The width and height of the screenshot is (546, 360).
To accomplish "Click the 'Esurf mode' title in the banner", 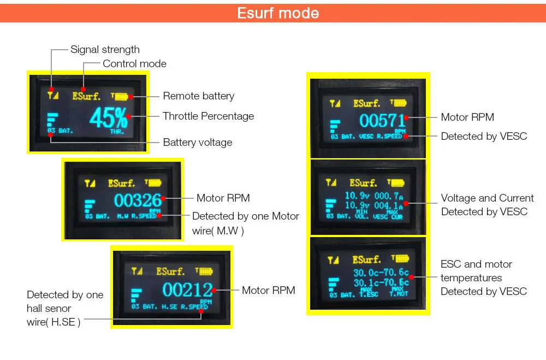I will pyautogui.click(x=278, y=13).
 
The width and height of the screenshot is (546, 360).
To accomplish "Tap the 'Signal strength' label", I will pyautogui.click(x=105, y=50).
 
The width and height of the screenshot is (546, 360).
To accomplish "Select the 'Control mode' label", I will pyautogui.click(x=134, y=64).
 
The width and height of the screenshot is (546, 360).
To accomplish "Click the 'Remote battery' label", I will pyautogui.click(x=198, y=96).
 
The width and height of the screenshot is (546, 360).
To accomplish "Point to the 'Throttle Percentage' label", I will pyautogui.click(x=208, y=116).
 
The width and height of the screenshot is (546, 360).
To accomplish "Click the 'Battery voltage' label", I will pyautogui.click(x=197, y=143).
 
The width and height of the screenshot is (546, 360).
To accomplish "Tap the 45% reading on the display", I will pyautogui.click(x=109, y=117).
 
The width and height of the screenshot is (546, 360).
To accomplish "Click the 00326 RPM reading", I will pyautogui.click(x=138, y=200).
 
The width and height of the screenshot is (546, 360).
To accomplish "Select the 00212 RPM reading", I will pyautogui.click(x=187, y=290).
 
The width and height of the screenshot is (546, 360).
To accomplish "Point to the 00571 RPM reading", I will pyautogui.click(x=382, y=120).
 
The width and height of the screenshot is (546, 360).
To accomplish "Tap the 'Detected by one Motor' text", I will pyautogui.click(x=245, y=216).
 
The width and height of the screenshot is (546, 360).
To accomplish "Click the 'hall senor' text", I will pyautogui.click(x=49, y=309).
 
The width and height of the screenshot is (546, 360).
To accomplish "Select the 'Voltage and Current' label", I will pyautogui.click(x=487, y=198).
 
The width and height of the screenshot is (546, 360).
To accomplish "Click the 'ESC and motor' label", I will pyautogui.click(x=476, y=264).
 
